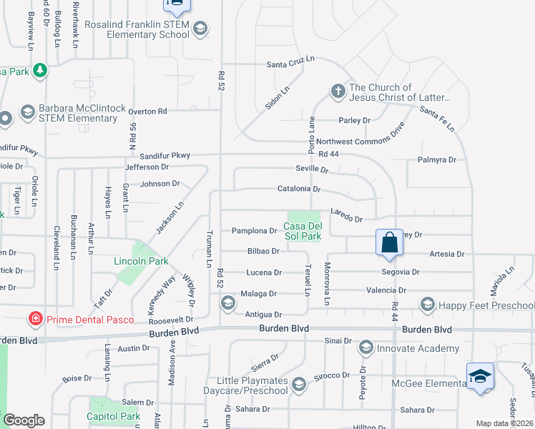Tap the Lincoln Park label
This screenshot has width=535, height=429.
141,261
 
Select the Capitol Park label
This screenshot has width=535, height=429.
113,416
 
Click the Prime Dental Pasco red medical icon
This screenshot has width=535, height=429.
34,318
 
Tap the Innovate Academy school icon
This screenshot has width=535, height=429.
366,348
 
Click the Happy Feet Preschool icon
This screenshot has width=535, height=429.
428,305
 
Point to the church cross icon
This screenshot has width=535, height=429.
338,92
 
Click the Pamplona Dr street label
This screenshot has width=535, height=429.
254,231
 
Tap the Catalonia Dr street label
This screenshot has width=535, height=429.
299,190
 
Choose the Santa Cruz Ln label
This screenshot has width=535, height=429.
290,63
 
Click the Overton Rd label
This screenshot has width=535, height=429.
147,112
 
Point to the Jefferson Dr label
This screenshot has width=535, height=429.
147,167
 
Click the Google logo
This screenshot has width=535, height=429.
24,420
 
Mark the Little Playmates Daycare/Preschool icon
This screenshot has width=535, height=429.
298,385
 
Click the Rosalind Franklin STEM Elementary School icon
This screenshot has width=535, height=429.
201,29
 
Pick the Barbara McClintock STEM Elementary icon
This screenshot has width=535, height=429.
27,112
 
